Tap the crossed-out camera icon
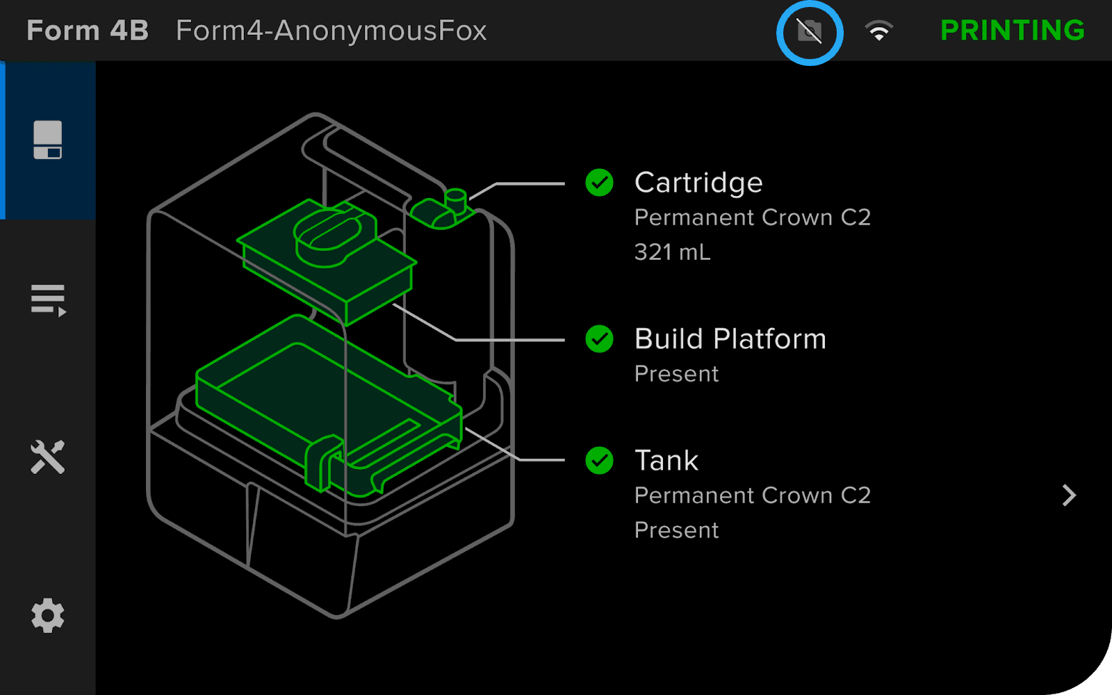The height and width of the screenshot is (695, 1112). pos(809,32)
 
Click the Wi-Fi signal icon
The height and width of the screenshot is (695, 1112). pos(878,31)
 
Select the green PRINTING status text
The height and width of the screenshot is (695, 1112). pos(1013,31)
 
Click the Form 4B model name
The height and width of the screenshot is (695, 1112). pos(88,31)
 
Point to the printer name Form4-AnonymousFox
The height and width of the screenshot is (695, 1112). pos(331,31)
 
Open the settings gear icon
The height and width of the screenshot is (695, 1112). pos(48,615)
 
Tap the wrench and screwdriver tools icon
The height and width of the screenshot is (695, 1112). pos(48,457)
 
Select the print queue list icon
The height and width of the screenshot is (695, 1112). pos(48,300)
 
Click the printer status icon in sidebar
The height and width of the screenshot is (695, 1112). pos(48,140)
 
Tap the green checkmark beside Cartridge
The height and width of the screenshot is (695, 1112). pos(599,183)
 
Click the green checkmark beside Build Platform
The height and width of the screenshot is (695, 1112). pos(599,339)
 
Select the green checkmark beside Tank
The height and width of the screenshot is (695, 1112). pos(599,461)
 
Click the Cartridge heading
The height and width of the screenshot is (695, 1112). pos(698,183)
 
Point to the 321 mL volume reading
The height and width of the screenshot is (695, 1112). pos(672,252)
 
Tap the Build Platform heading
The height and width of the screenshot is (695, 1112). pos(730,339)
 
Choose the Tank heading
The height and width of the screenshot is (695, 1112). pos(667,461)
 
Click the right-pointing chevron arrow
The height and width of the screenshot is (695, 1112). pos(1069,496)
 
